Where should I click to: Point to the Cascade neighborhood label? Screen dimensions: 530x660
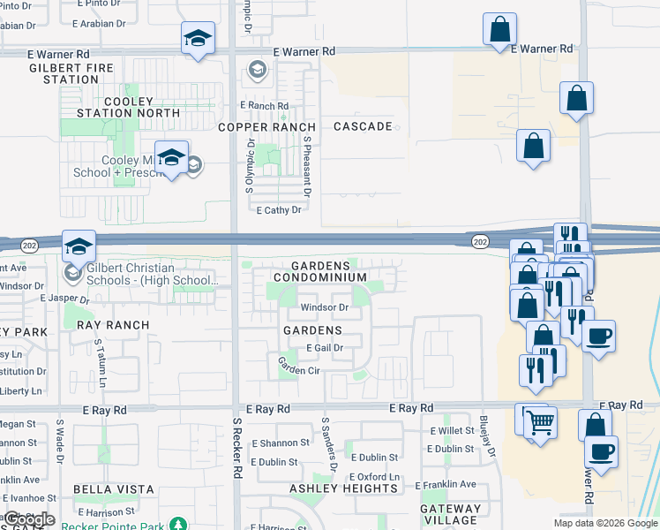tap(363, 127)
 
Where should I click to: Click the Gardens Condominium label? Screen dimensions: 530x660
tap(319, 271)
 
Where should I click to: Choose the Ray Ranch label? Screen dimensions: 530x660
tap(113, 325)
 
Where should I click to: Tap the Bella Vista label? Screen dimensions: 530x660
tap(114, 489)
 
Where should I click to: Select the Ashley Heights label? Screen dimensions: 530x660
tap(343, 488)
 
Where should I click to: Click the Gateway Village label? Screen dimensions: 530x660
tap(451, 514)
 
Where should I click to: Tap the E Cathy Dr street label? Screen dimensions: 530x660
tap(279, 210)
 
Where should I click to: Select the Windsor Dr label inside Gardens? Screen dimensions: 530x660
tap(325, 308)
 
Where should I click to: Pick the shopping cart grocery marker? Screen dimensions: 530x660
tap(540, 420)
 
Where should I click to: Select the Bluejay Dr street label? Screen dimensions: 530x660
tap(484, 432)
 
